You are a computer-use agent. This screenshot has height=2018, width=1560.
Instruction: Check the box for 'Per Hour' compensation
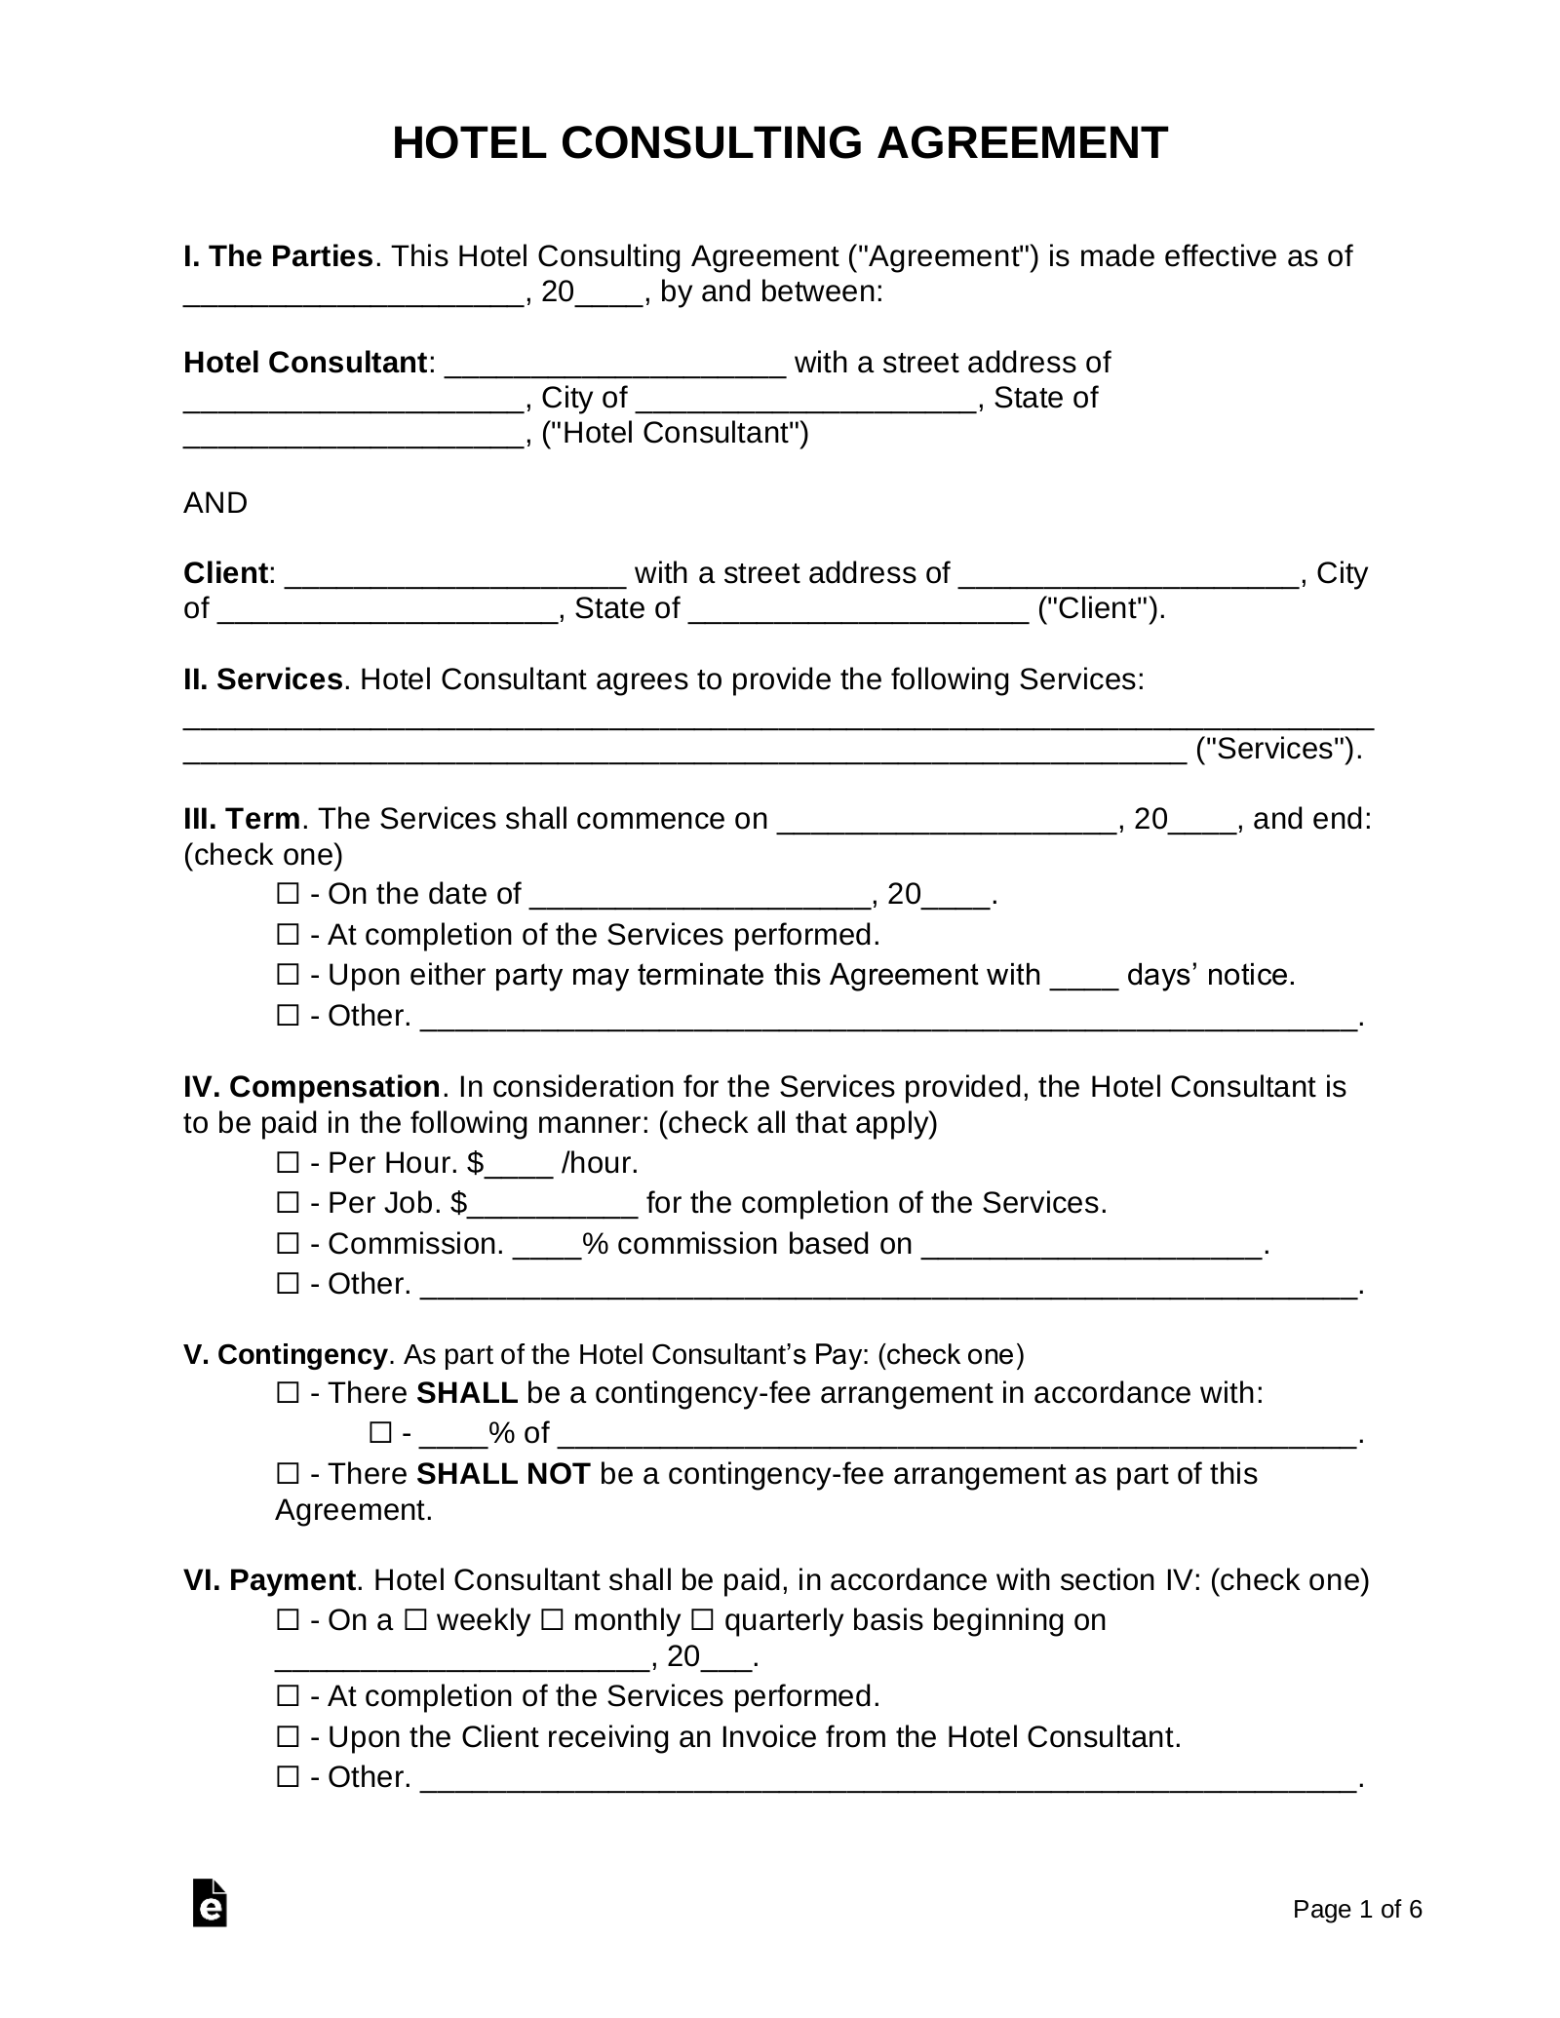(288, 1162)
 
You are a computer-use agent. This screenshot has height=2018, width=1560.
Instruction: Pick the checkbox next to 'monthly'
(552, 1620)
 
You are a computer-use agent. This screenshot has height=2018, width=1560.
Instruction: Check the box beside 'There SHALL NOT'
(288, 1473)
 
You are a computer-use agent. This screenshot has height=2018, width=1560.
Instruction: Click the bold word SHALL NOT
(503, 1473)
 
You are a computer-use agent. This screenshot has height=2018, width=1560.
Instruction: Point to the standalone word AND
(215, 503)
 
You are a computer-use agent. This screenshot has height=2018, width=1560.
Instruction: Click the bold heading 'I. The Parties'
(278, 256)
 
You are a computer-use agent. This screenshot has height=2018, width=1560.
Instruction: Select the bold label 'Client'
(225, 573)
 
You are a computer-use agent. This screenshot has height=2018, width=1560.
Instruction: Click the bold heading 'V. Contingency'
(285, 1354)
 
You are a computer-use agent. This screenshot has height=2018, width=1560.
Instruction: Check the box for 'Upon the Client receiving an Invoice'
(288, 1736)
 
